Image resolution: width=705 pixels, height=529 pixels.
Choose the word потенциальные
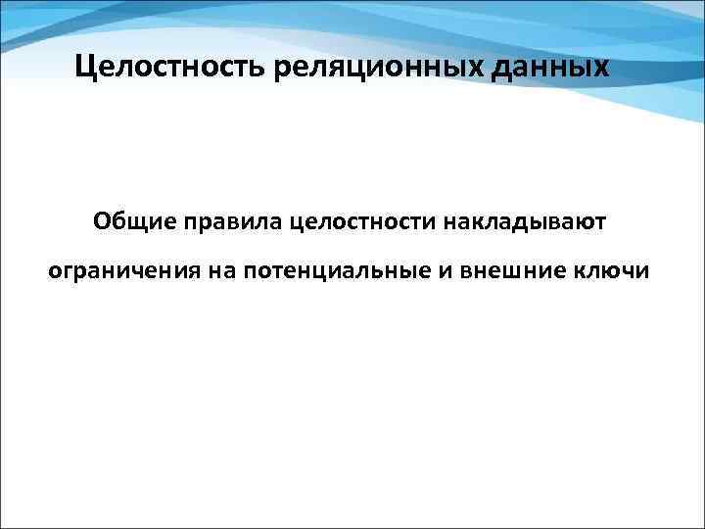333,269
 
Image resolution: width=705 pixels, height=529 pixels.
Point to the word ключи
613,269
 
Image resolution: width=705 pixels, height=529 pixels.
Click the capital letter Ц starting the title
84,69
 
